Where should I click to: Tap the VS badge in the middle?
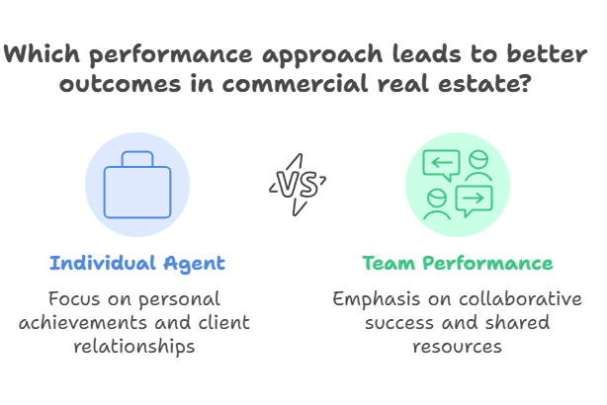pos(299,184)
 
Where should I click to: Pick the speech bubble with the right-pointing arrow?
pos(473,201)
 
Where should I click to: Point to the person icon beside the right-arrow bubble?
pos(435,203)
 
